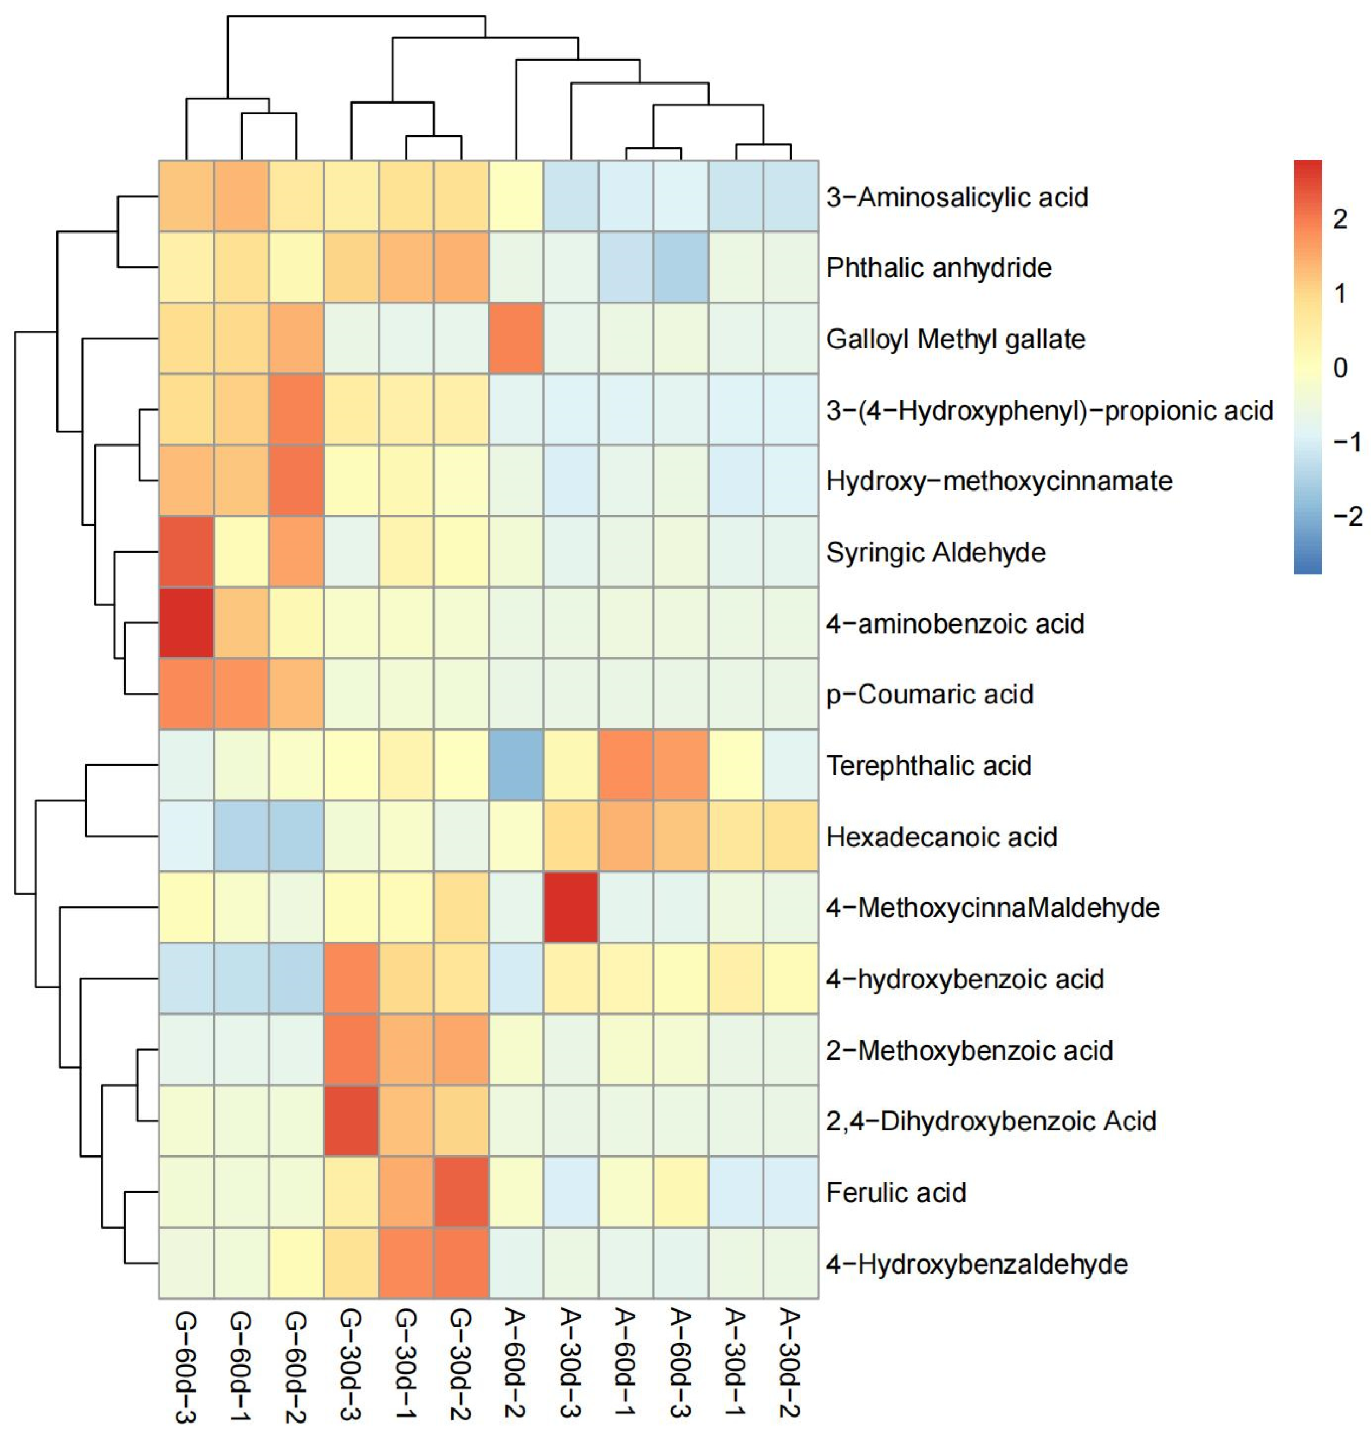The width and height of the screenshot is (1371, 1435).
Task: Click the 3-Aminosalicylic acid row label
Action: click(x=957, y=197)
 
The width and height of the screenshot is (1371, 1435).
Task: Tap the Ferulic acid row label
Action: click(x=896, y=1192)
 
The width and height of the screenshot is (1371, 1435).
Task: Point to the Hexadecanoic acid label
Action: click(x=941, y=837)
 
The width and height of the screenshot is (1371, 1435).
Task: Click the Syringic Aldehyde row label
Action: click(x=935, y=553)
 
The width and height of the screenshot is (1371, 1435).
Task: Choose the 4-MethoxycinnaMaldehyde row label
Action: click(x=992, y=908)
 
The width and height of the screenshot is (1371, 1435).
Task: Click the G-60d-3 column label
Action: click(x=186, y=1368)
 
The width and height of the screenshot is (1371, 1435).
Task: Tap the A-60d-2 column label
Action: click(x=516, y=1364)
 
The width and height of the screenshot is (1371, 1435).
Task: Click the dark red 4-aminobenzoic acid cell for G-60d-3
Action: click(x=186, y=623)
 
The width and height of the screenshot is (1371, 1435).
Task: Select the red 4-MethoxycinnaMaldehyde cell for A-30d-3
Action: click(x=571, y=907)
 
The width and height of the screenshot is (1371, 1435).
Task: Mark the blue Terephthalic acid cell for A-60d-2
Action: click(x=516, y=765)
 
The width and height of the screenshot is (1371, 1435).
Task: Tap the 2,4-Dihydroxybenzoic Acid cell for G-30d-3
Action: click(x=351, y=1121)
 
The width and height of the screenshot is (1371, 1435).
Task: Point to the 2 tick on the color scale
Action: click(x=1339, y=218)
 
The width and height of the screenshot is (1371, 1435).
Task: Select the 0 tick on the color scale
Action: click(x=1339, y=368)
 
